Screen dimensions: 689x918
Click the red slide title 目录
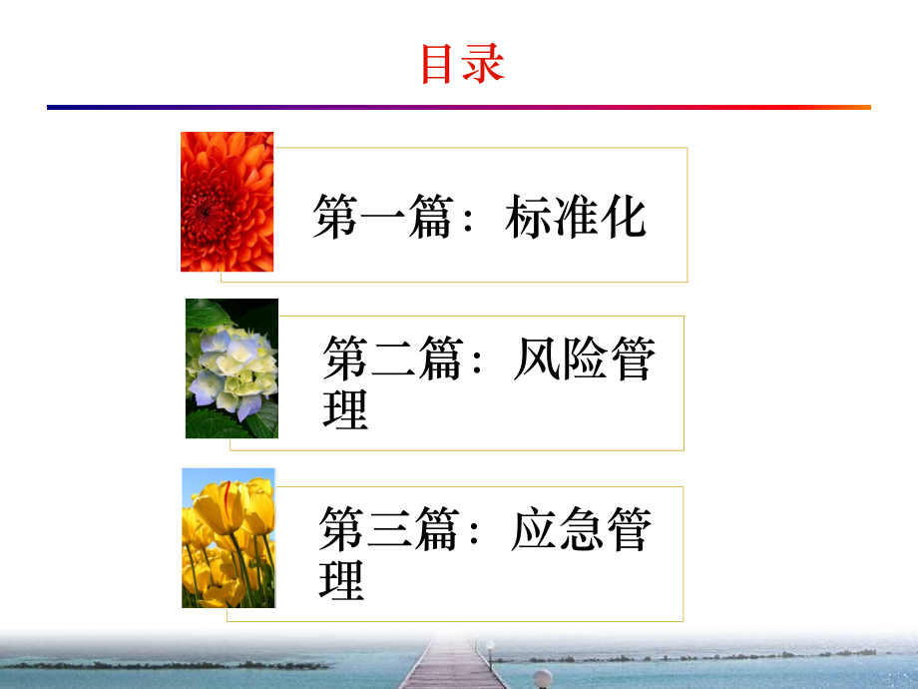[462, 63]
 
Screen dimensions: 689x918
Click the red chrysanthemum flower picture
[227, 201]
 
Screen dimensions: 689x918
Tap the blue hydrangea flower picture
[231, 367]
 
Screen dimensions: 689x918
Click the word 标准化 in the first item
[576, 217]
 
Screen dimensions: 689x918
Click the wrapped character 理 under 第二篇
[346, 408]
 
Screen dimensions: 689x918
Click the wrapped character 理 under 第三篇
[342, 579]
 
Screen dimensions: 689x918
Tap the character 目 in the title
[439, 63]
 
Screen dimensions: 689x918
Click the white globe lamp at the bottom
[543, 678]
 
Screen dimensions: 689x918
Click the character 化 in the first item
[624, 217]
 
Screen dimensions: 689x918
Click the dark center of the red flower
[205, 210]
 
